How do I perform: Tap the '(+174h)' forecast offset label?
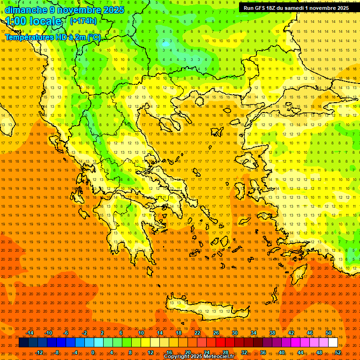(x=83, y=21)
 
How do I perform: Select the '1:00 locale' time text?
(x=33, y=21)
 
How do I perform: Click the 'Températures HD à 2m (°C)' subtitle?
(x=52, y=37)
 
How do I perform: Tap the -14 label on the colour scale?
(x=30, y=333)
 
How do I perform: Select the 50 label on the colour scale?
(x=328, y=333)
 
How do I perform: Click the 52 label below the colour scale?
(x=338, y=352)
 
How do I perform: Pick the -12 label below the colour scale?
(x=39, y=352)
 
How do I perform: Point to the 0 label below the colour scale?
(x=93, y=352)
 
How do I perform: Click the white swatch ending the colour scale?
(x=333, y=343)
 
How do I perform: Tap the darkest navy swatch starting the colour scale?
(x=23, y=343)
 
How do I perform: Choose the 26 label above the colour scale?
(x=216, y=333)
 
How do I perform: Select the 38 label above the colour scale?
(x=272, y=333)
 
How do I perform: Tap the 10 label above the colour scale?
(x=141, y=333)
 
